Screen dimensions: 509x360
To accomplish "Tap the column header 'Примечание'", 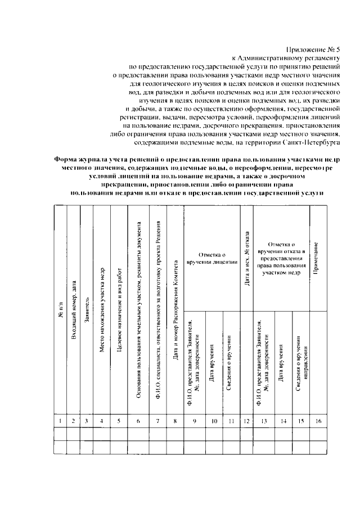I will click(317, 259).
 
